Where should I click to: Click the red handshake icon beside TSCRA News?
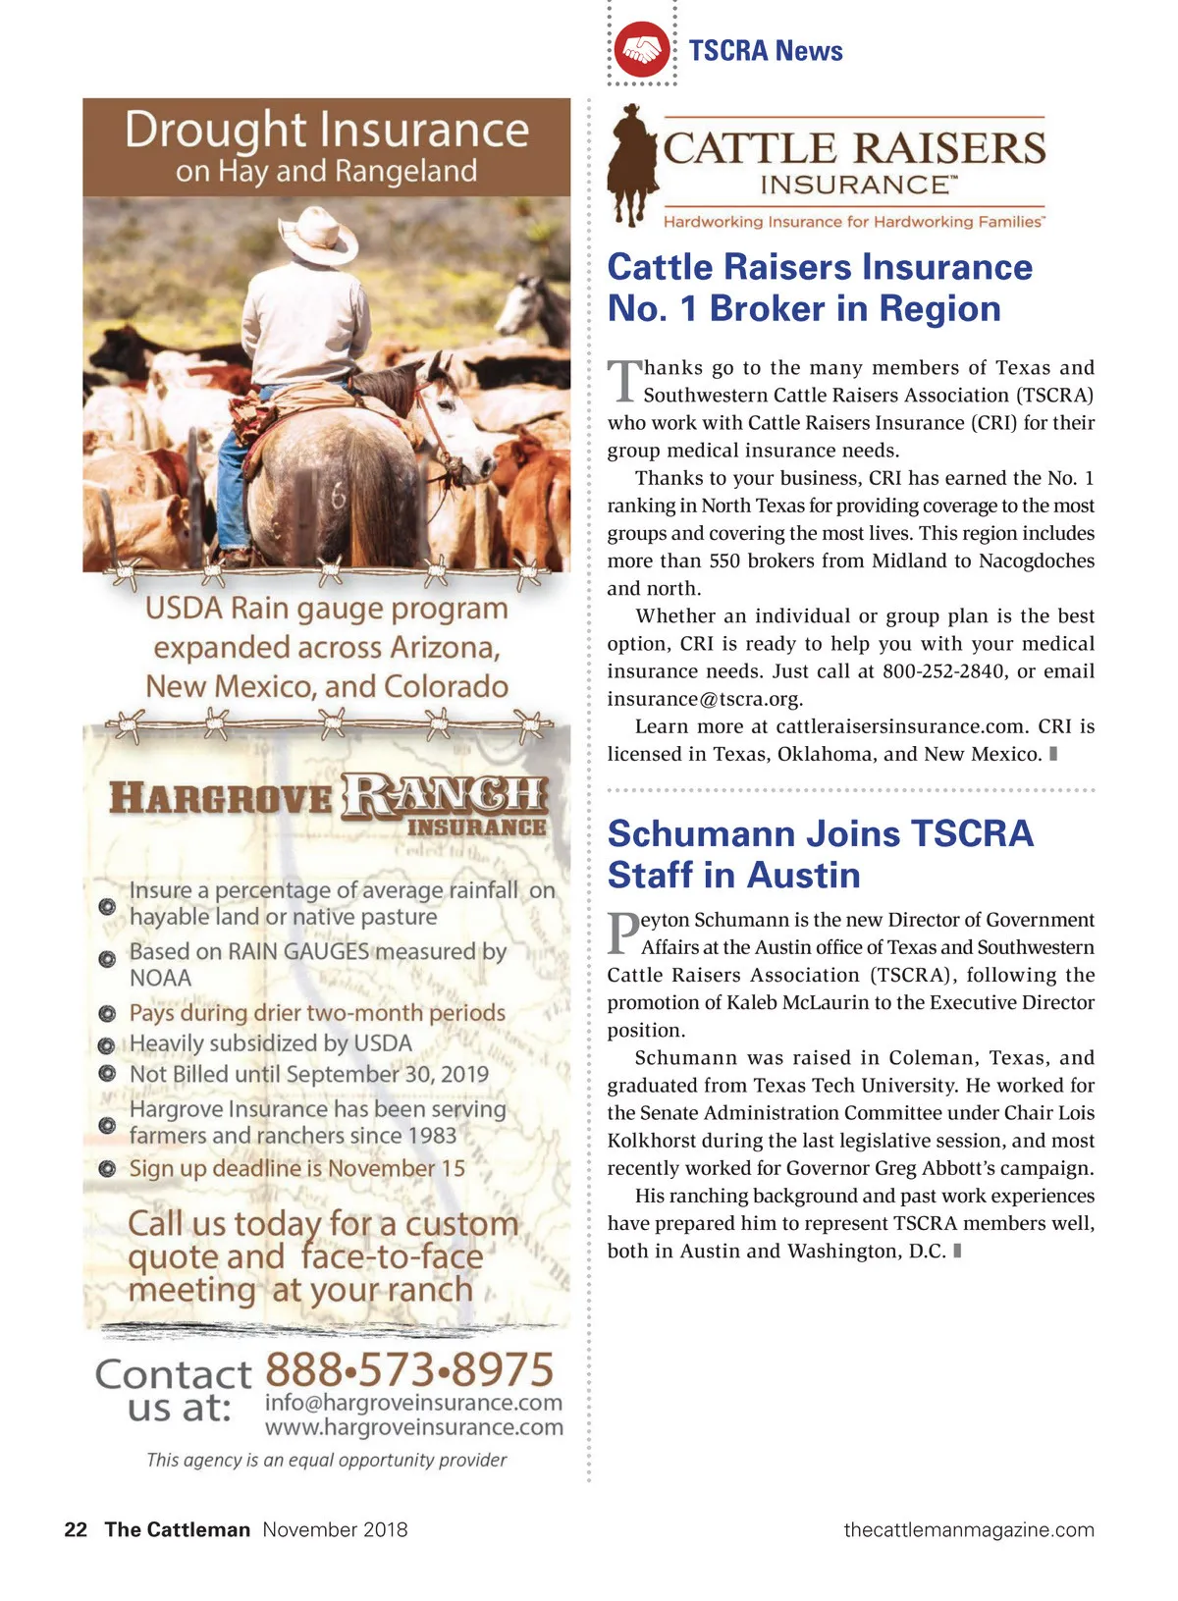click(642, 50)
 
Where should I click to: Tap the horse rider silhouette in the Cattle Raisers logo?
click(632, 162)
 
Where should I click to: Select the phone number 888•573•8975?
click(409, 1369)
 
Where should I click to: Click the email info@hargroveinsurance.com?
click(413, 1403)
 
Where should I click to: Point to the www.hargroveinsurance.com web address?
click(413, 1427)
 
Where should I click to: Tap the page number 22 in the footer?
click(76, 1529)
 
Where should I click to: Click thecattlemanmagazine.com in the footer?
click(969, 1529)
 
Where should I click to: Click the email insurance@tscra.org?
click(704, 699)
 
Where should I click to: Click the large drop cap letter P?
click(622, 933)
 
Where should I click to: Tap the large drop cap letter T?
click(623, 381)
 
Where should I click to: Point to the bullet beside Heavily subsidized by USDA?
click(107, 1044)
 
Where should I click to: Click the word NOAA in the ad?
click(160, 978)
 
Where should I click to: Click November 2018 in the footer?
click(335, 1529)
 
